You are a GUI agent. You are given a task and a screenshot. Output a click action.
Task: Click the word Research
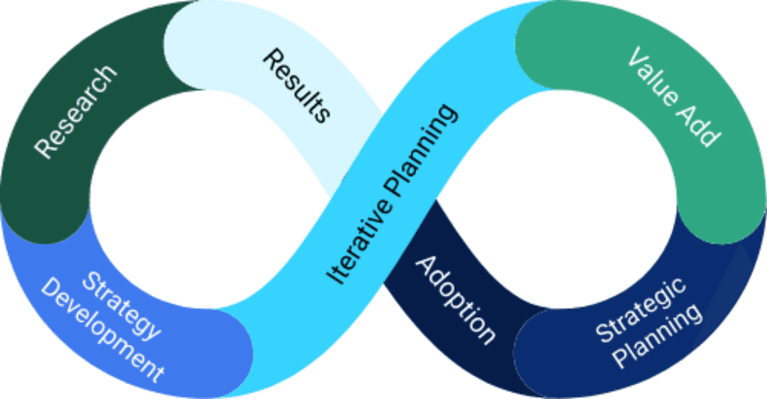76,112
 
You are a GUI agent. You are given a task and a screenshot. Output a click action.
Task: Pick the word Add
699,126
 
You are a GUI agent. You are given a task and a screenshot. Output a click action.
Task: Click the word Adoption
455,299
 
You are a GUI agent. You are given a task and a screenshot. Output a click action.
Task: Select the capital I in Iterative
335,278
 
